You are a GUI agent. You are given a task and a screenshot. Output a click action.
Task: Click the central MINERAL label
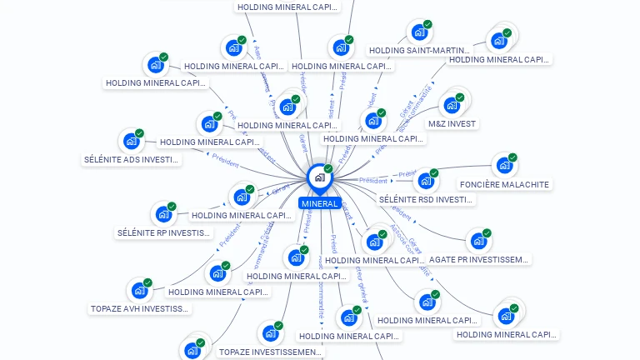pos(320,203)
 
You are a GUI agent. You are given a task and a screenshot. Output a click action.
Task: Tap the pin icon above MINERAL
pos(319,177)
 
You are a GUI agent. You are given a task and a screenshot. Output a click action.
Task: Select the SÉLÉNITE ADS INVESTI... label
pos(132,159)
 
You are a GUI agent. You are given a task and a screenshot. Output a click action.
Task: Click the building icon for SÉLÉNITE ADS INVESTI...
pos(131,141)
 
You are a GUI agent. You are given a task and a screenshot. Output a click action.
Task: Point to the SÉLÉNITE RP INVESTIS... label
pos(164,232)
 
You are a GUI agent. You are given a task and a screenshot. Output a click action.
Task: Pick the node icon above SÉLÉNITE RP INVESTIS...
pos(163,214)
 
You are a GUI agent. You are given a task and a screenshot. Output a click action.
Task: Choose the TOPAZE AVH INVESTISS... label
pos(140,308)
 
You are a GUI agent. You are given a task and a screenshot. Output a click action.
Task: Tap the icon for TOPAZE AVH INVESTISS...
pos(139,291)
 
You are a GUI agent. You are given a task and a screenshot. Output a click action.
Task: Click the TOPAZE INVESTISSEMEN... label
pos(269,352)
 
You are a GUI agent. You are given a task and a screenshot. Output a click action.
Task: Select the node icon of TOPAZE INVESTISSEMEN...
pos(269,333)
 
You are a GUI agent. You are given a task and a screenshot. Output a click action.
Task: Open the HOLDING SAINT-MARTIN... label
pos(419,50)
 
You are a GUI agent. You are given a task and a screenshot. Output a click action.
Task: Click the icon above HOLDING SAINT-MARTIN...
pos(419,32)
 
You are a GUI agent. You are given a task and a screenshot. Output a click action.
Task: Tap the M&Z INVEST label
pos(452,123)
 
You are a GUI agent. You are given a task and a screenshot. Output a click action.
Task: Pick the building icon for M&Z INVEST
pos(452,105)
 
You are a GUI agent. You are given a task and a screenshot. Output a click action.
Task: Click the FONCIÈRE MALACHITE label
pos(505,184)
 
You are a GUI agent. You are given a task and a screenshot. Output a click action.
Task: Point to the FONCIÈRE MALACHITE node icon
pos(503,165)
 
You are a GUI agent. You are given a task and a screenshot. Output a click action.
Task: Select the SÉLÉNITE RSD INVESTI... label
pos(426,199)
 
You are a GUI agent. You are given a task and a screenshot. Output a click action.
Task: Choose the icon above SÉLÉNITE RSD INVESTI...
pos(426,181)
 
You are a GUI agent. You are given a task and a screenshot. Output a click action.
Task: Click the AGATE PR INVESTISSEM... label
pos(478,259)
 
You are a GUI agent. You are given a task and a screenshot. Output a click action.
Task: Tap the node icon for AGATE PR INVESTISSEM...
pos(477,241)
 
